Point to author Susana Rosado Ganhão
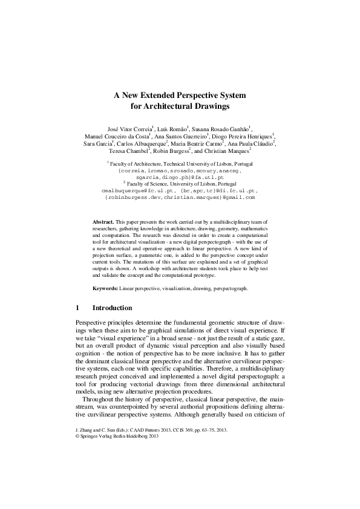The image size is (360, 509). [x=222, y=129]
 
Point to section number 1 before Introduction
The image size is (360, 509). [x=77, y=308]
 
